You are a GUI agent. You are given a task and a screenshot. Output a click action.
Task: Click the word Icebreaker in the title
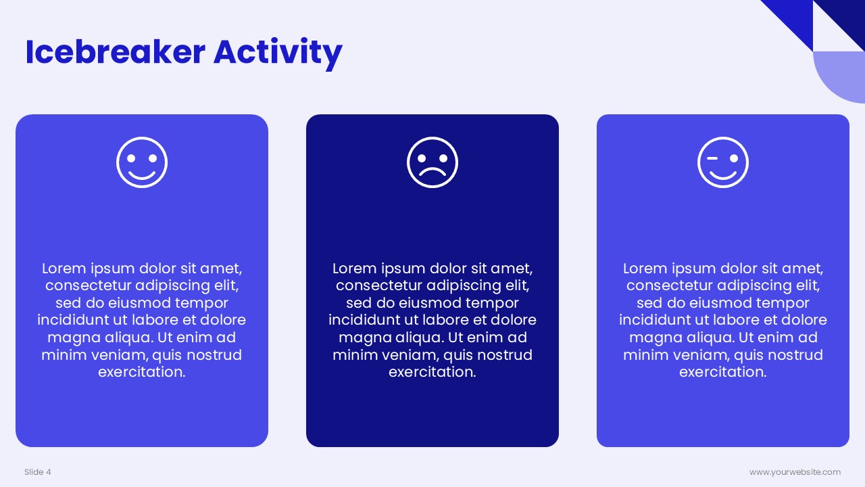(x=115, y=52)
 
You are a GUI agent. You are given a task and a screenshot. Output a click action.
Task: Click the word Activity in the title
(x=278, y=53)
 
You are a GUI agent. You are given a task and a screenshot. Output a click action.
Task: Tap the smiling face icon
(x=142, y=162)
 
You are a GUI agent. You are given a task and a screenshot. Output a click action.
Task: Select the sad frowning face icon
(x=432, y=162)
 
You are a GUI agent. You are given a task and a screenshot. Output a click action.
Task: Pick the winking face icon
(x=723, y=162)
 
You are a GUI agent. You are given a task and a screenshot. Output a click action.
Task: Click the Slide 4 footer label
(x=37, y=472)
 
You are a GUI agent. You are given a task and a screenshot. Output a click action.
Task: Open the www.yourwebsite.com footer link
(x=795, y=472)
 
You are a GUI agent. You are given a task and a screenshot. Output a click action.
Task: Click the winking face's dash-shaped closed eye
(x=712, y=158)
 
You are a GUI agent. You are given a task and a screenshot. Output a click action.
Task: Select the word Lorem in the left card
(x=64, y=269)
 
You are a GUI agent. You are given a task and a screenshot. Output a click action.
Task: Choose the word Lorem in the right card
(x=645, y=269)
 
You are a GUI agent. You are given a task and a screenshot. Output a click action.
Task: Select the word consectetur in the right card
(x=670, y=286)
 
